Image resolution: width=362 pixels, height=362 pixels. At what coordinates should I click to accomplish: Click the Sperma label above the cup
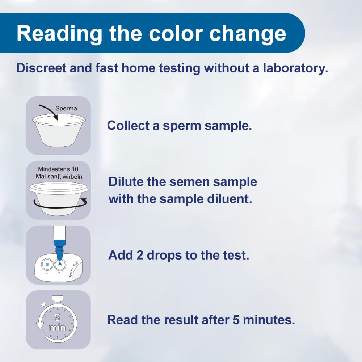(66, 108)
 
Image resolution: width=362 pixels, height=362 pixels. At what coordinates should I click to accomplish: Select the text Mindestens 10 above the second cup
(58, 169)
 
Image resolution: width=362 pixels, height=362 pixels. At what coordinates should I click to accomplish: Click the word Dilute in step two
(125, 181)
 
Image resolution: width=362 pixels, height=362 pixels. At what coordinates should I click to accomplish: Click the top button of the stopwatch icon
(58, 298)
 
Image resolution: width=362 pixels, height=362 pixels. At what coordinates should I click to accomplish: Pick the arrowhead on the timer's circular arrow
(39, 325)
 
